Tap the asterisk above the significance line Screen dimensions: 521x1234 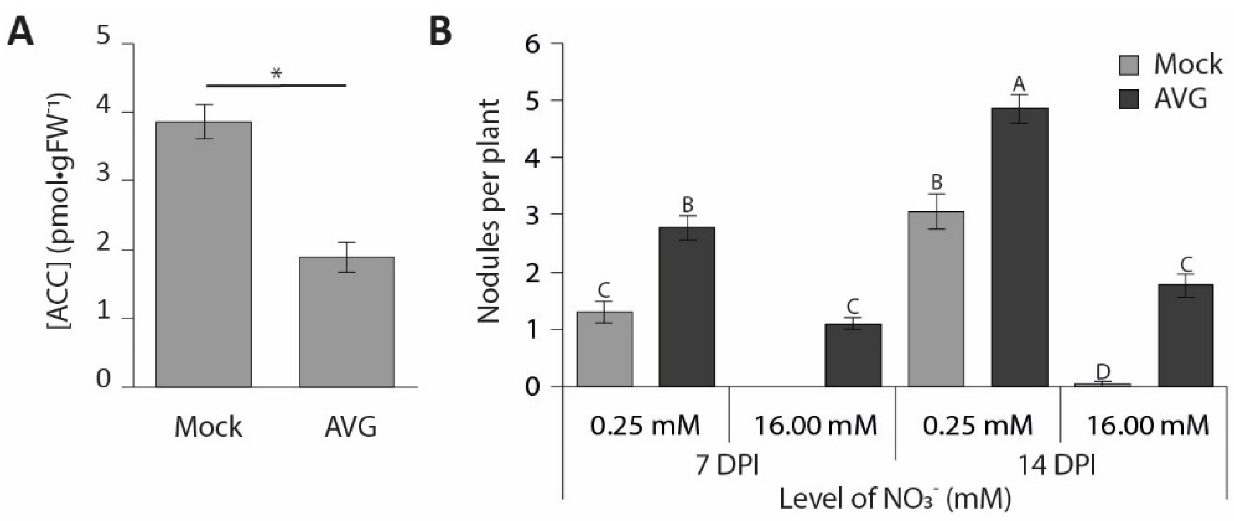click(x=276, y=74)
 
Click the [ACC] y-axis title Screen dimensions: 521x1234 click(x=60, y=211)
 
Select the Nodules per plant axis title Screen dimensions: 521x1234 click(x=489, y=211)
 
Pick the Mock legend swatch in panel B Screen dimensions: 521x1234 click(x=1129, y=65)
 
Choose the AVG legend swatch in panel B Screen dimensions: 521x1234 click(x=1129, y=99)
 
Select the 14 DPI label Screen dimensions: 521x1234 click(x=1056, y=465)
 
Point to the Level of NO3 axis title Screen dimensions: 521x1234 click(x=895, y=498)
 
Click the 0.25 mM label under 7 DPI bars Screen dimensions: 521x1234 click(x=645, y=425)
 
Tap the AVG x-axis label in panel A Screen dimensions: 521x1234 click(x=350, y=426)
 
